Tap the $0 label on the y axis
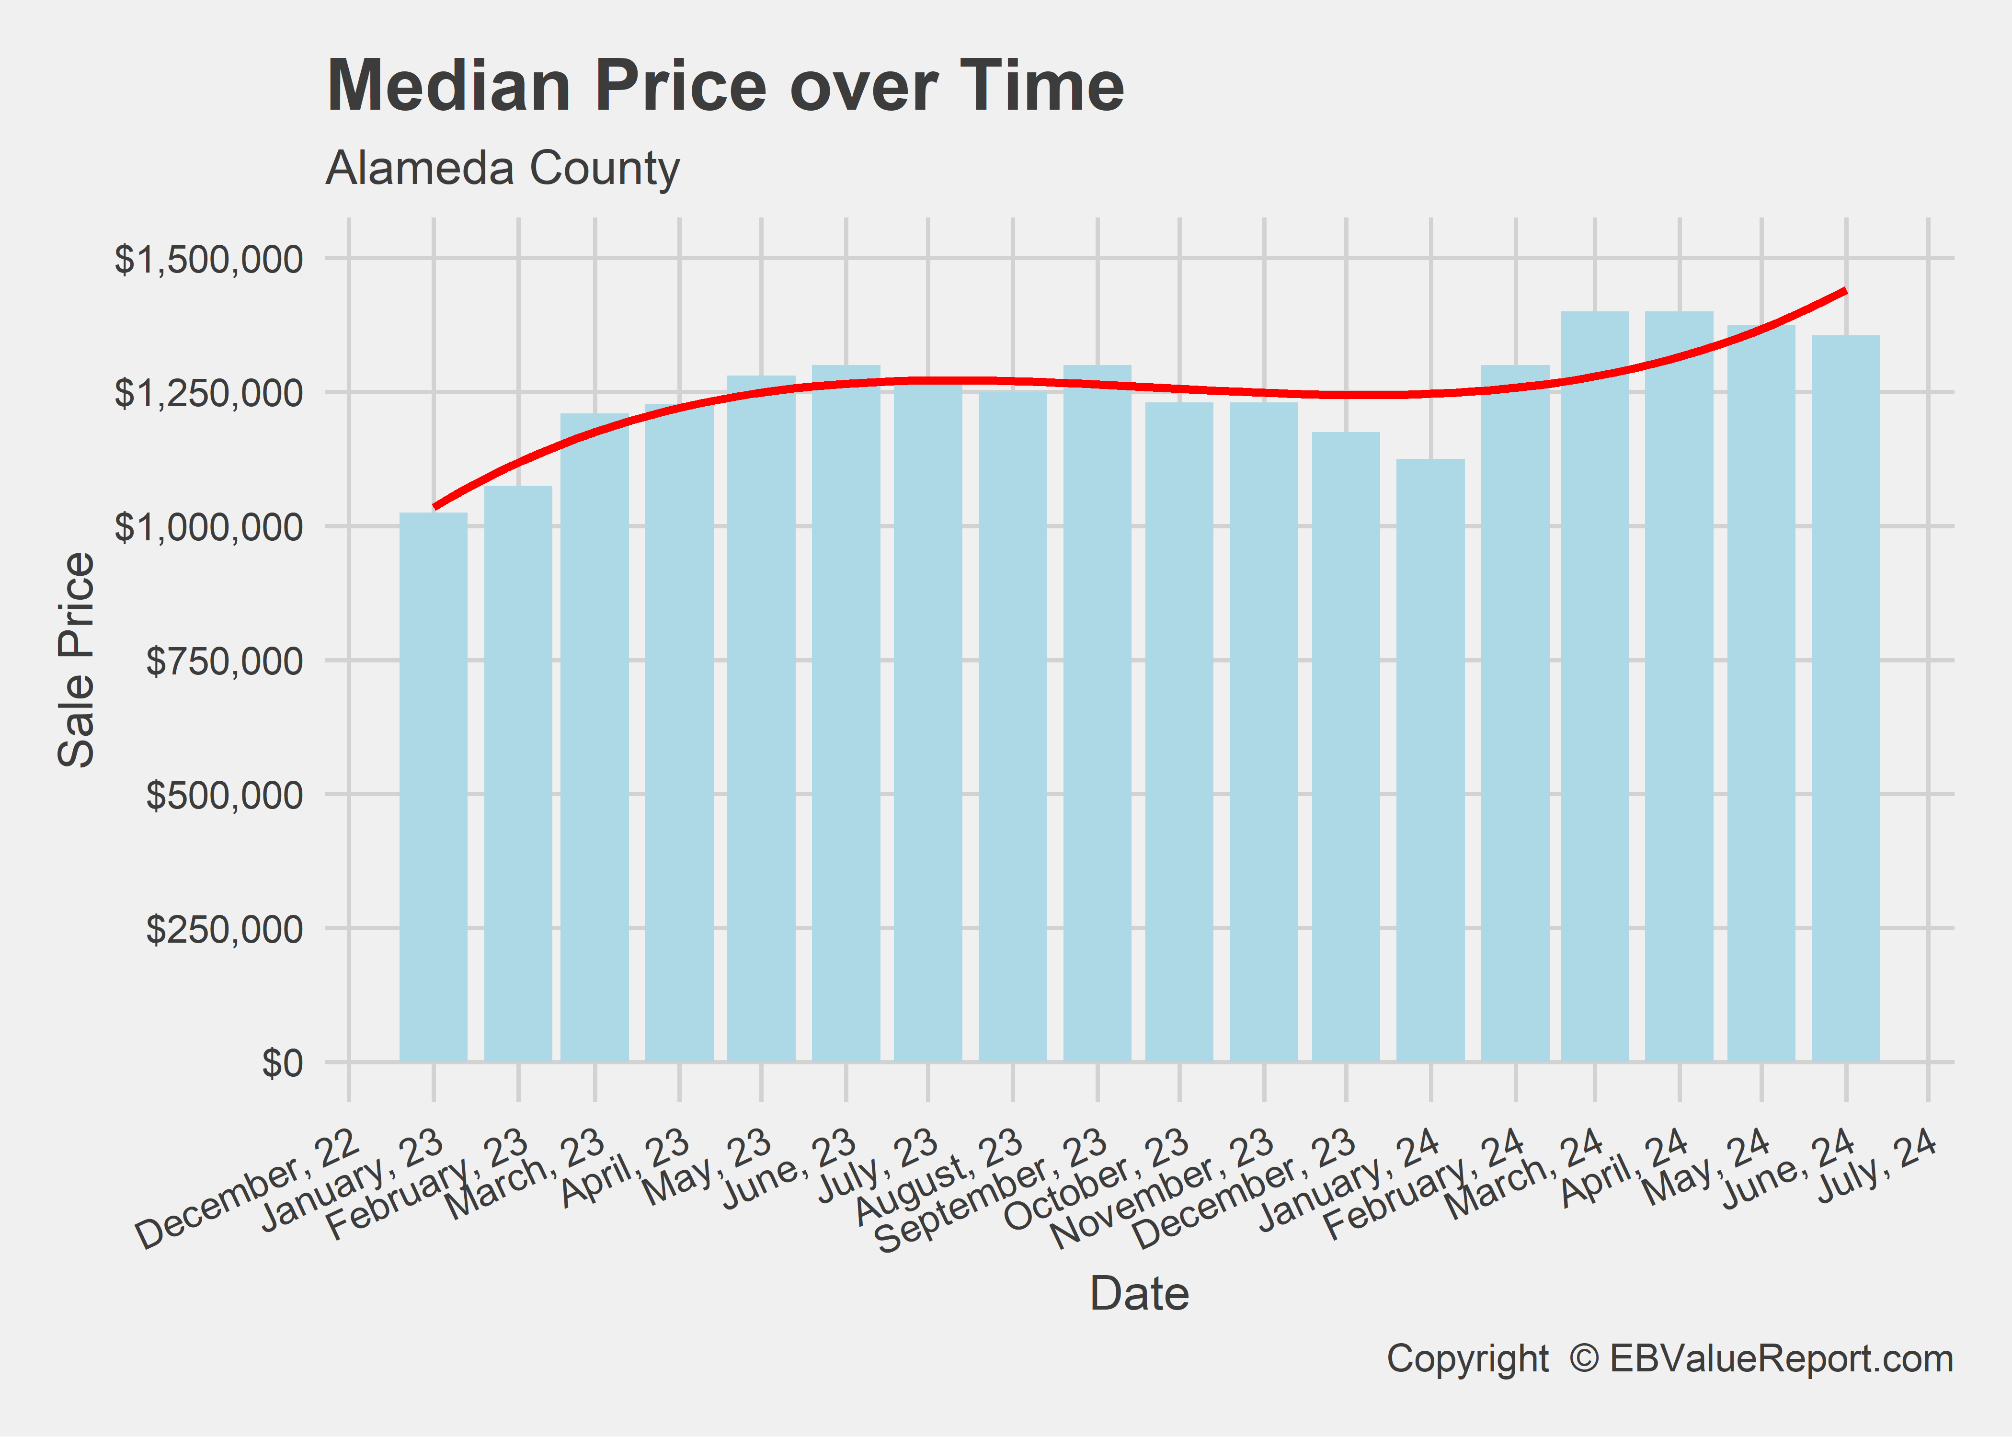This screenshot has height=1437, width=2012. tap(281, 1063)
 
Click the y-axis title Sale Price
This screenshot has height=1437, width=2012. tap(76, 659)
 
